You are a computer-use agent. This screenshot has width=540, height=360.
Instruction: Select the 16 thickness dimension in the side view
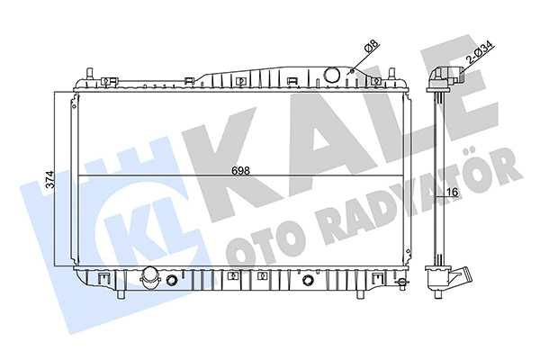coord(453,192)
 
